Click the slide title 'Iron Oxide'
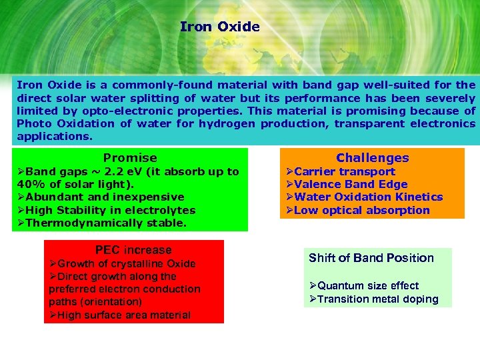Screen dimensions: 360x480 219,27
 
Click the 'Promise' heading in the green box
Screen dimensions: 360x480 130,158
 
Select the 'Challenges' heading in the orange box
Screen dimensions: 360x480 372,158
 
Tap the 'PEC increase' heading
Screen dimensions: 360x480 133,250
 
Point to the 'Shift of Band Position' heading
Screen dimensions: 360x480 371,258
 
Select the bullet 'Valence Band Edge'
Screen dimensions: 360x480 350,184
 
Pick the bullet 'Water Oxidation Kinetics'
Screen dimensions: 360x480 368,197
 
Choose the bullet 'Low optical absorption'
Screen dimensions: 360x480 361,210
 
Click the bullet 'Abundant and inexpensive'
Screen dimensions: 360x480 105,197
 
